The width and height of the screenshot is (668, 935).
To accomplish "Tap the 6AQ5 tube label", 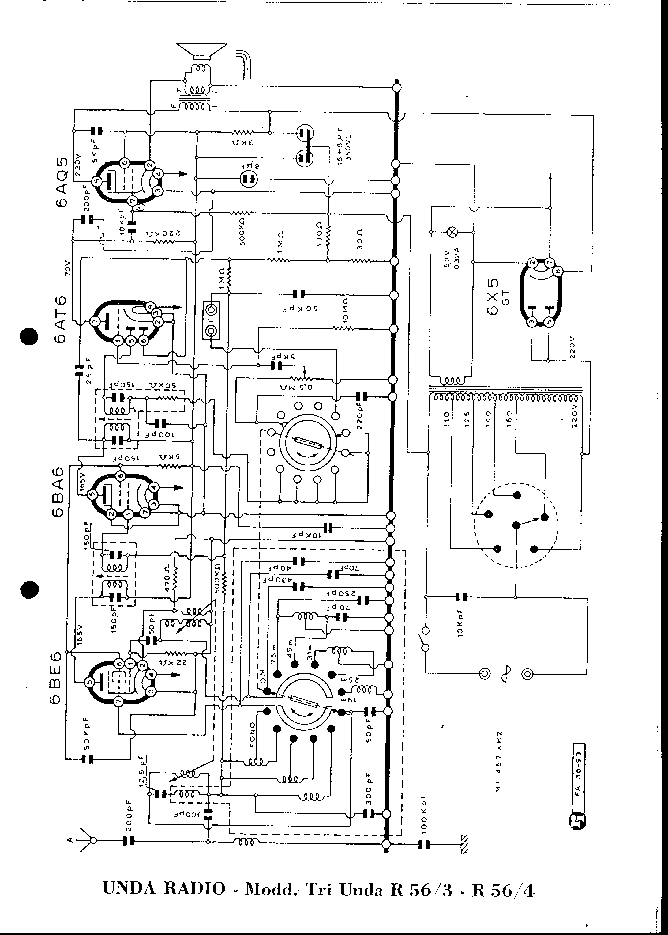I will pyautogui.click(x=61, y=178).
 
